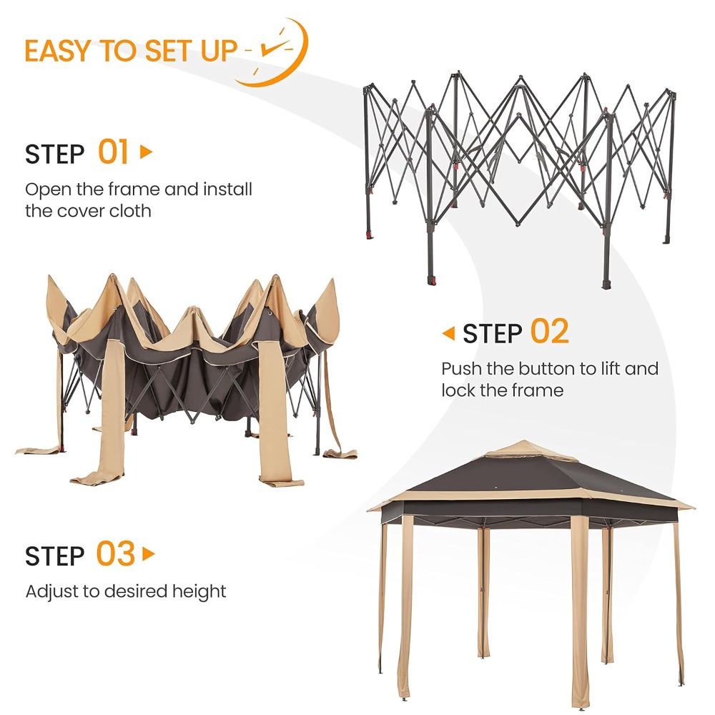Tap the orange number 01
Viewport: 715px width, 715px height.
[x=113, y=152]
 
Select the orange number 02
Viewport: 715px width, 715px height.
[x=549, y=332]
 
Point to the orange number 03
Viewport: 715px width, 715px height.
[x=115, y=553]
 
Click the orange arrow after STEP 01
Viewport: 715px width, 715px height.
[x=146, y=152]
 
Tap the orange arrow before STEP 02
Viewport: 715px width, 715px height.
[x=449, y=333]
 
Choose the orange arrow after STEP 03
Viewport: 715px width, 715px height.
[x=149, y=554]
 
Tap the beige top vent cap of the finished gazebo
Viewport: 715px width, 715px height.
[x=524, y=450]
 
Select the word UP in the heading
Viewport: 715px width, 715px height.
[x=219, y=51]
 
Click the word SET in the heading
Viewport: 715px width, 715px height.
[x=171, y=51]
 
